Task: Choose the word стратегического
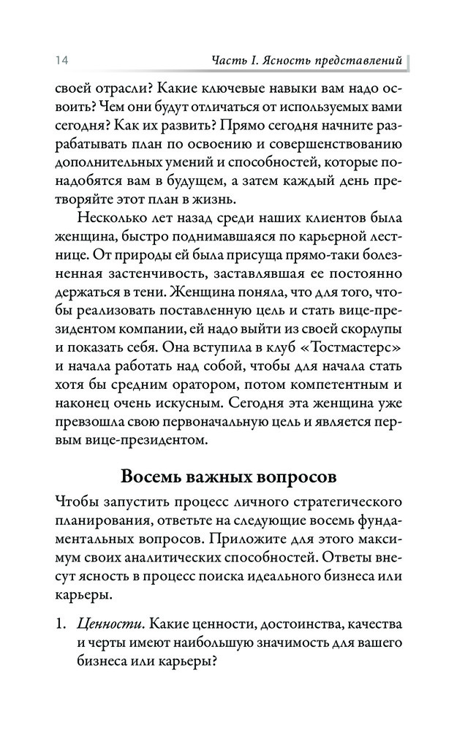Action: [336, 503]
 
